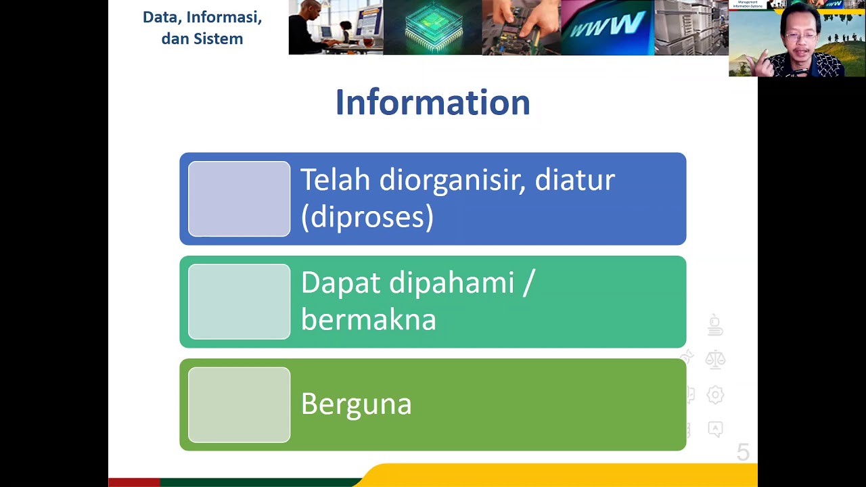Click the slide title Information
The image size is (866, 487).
pos(432,103)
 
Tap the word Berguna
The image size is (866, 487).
pos(356,404)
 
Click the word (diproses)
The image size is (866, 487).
pos(367,217)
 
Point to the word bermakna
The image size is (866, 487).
pos(368,320)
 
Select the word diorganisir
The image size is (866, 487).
pos(452,181)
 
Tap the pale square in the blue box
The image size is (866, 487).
pos(239,199)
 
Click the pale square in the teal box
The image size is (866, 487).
pos(239,302)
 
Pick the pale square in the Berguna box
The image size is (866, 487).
pos(239,404)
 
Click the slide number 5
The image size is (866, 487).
pos(743,453)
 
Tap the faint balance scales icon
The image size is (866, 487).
pos(715,359)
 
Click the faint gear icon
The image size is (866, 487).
pos(715,394)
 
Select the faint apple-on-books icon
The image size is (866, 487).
pos(715,325)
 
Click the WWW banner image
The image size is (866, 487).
pos(607,27)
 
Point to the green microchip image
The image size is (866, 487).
pos(432,27)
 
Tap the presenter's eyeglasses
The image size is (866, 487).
pos(801,37)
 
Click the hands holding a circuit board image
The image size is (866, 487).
pos(521,27)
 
